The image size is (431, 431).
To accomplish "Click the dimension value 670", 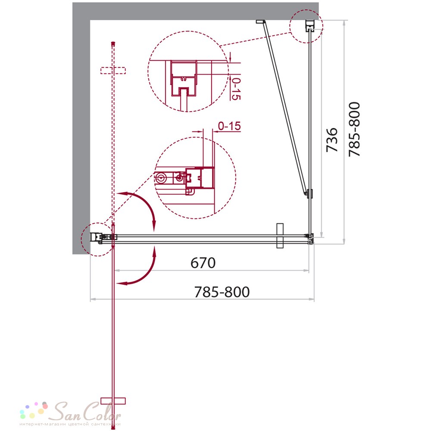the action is [203, 263].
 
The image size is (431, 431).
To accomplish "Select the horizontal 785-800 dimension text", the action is [222, 292].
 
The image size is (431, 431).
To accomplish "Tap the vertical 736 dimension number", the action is [332, 140].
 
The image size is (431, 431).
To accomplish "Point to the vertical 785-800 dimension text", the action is [354, 129].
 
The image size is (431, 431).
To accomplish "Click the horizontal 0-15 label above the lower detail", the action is [229, 126].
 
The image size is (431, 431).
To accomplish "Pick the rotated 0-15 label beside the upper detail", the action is [236, 89].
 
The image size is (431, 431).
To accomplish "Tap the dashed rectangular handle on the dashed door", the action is [113, 71].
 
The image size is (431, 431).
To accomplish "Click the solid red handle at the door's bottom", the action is [113, 401].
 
